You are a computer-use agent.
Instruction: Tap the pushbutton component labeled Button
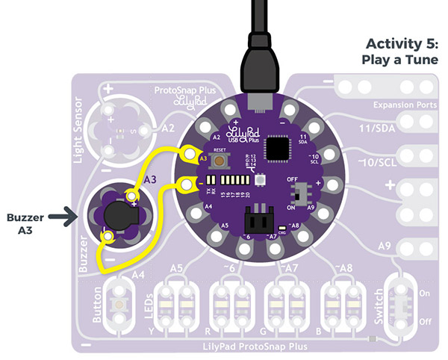[x=117, y=304]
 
